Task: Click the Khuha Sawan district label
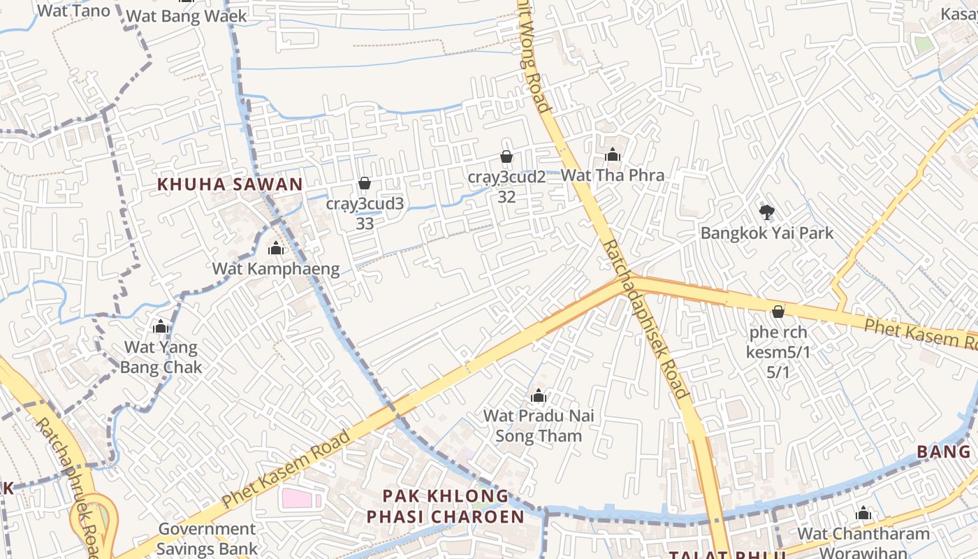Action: (230, 184)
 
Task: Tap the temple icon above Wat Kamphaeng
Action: (276, 248)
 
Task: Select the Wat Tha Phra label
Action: (613, 175)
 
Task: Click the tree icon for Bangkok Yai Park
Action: (766, 212)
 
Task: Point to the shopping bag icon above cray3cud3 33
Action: (364, 183)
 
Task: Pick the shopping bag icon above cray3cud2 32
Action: (506, 157)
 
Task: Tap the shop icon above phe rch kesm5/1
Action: (778, 311)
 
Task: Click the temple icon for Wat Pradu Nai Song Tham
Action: (538, 396)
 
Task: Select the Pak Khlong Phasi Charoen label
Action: (446, 506)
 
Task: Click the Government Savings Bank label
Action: (207, 539)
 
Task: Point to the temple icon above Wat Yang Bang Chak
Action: (161, 326)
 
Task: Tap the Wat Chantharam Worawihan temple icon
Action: (863, 513)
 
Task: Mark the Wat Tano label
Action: (73, 10)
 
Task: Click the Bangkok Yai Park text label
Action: (767, 233)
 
